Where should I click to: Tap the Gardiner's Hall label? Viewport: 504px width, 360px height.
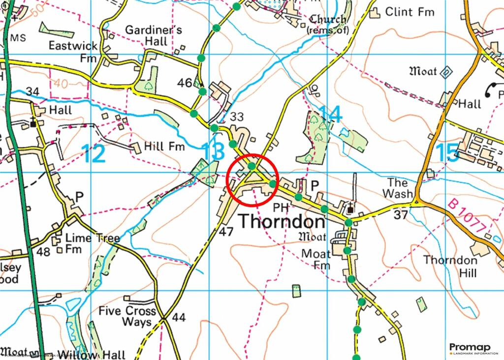[x=154, y=35]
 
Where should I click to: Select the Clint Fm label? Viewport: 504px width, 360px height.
[x=409, y=11]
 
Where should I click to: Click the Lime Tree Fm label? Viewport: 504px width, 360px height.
[x=86, y=243]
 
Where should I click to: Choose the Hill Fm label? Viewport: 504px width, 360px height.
[x=164, y=147]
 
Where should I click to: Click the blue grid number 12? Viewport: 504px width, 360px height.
[x=94, y=153]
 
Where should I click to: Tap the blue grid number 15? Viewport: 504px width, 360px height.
[x=447, y=152]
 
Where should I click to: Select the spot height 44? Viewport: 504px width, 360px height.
[x=179, y=318]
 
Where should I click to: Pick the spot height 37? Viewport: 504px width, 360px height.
[x=401, y=214]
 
